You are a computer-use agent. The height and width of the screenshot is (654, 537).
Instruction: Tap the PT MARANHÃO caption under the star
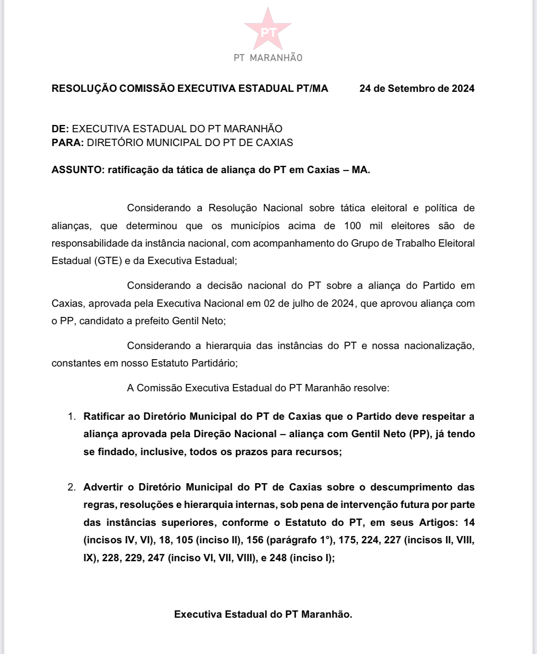(x=268, y=58)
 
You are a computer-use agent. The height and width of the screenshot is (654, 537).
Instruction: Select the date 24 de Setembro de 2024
(x=417, y=89)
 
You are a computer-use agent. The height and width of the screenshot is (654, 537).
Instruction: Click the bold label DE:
(x=60, y=129)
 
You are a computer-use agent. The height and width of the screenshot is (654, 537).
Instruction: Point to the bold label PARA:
(x=67, y=142)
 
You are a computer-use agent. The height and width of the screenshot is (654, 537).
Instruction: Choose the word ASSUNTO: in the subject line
(x=78, y=170)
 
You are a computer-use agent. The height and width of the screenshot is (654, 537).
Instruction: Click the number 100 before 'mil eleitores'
(x=352, y=226)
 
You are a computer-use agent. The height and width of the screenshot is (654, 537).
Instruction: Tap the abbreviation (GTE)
(x=109, y=261)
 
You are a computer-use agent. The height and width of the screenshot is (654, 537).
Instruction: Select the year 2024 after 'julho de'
(x=343, y=304)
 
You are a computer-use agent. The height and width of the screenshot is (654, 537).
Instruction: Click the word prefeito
(x=151, y=321)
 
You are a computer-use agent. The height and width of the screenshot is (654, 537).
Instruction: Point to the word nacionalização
(x=439, y=346)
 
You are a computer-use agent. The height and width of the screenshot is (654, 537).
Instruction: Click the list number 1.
(x=71, y=417)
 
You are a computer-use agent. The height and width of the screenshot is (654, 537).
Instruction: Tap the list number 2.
(x=71, y=487)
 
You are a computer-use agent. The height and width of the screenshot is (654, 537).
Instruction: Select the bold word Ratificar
(x=103, y=417)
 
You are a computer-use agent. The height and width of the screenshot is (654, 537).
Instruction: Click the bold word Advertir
(x=103, y=487)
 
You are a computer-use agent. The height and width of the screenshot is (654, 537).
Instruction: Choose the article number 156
(x=255, y=540)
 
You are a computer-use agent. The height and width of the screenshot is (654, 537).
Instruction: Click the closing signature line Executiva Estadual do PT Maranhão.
(x=263, y=615)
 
